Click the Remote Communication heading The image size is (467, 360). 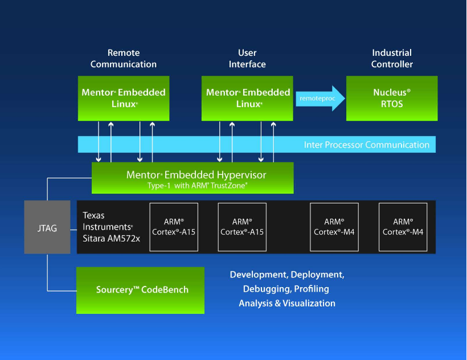(x=123, y=59)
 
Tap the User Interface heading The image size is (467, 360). (x=247, y=59)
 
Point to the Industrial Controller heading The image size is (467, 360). (x=392, y=59)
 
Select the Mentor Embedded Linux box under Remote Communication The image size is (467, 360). (x=123, y=98)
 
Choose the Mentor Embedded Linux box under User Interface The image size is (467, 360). (x=247, y=98)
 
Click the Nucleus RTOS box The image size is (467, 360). (x=392, y=98)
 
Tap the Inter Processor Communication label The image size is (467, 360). (x=367, y=145)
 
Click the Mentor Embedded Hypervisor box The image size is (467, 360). (x=192, y=178)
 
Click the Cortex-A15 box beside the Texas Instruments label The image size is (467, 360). (x=174, y=227)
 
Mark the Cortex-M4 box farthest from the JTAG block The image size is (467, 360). (x=403, y=227)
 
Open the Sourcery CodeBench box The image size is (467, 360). (x=141, y=290)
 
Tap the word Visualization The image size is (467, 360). (x=308, y=303)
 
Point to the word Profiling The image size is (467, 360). (x=312, y=289)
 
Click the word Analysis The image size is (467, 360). (x=255, y=303)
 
